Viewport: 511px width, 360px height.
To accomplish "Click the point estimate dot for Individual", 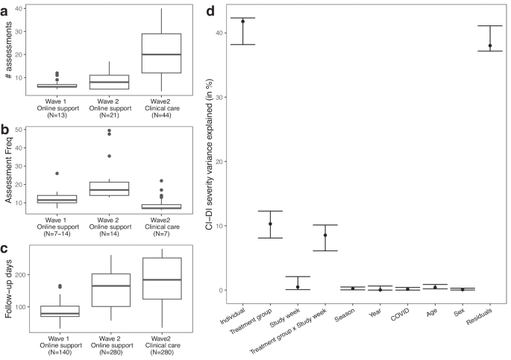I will click(x=243, y=22).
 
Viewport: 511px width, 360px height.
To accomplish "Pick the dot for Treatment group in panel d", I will click(x=271, y=224).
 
